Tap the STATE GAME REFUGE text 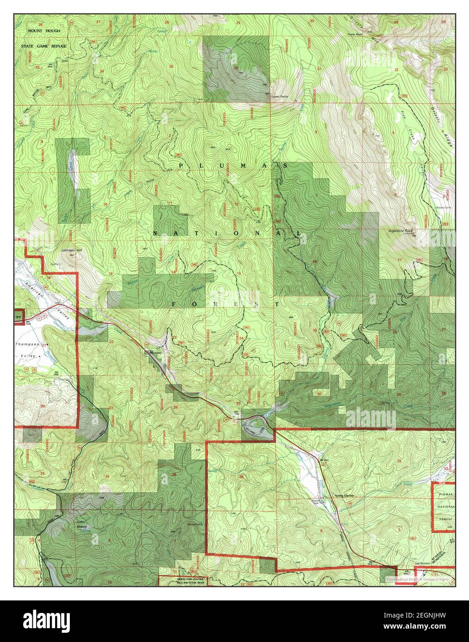[46, 46]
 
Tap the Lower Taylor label [280, 97]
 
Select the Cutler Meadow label [82, 525]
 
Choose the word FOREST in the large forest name [225, 304]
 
